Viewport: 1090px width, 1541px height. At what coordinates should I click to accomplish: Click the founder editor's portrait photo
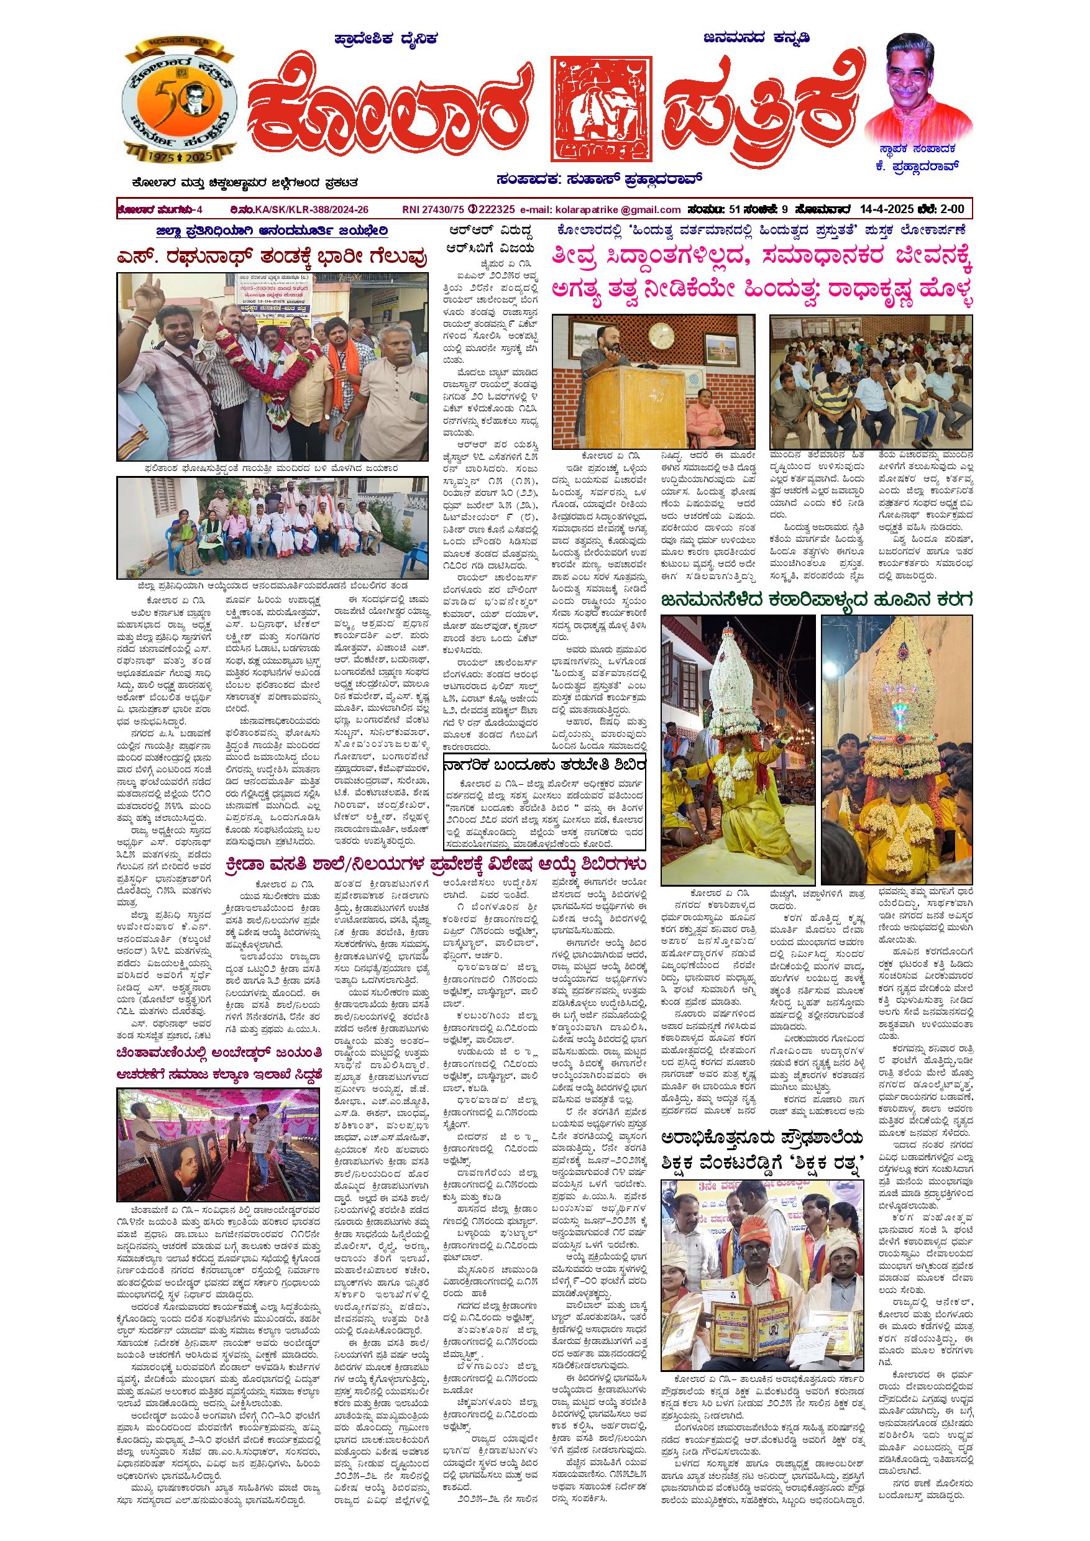click(919, 85)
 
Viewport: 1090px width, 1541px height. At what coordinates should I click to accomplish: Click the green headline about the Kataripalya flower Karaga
click(816, 600)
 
